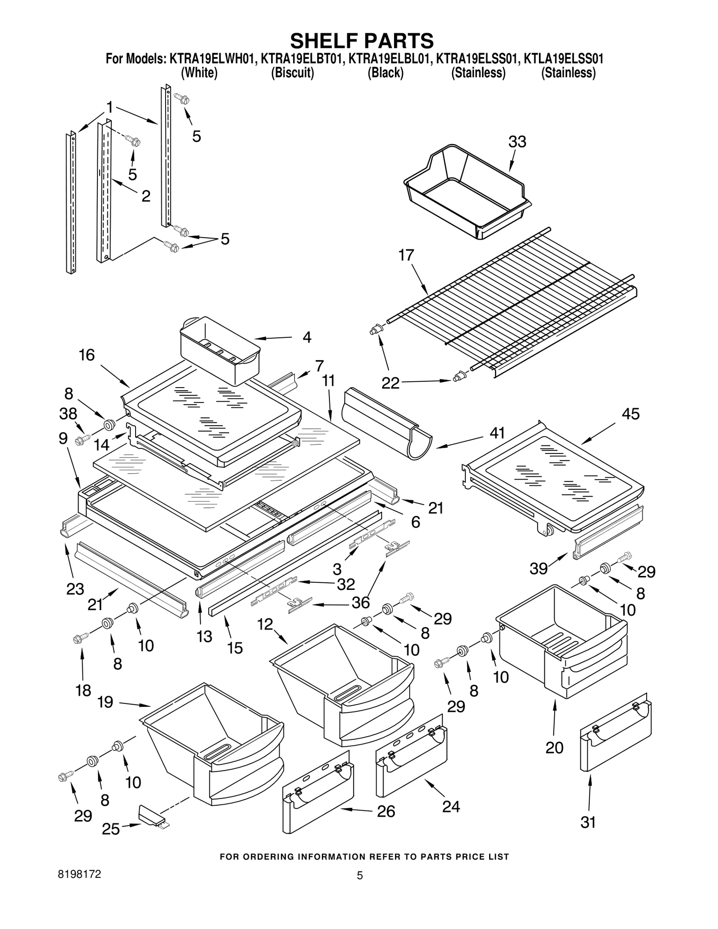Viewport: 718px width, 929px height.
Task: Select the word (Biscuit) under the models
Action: click(292, 73)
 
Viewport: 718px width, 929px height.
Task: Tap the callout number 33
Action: click(517, 142)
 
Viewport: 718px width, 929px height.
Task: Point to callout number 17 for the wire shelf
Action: click(406, 255)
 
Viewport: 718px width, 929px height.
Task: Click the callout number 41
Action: click(497, 433)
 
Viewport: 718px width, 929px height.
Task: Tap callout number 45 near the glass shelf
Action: click(630, 414)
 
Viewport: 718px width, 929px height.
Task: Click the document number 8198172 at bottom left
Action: click(79, 874)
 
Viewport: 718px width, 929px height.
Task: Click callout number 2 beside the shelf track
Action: click(146, 196)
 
